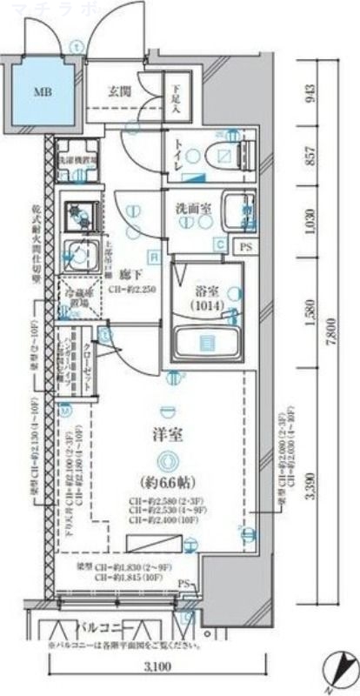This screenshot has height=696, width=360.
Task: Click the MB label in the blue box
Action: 42,90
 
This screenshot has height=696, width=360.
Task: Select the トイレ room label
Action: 179,151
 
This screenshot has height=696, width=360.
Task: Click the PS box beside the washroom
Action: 247,247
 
